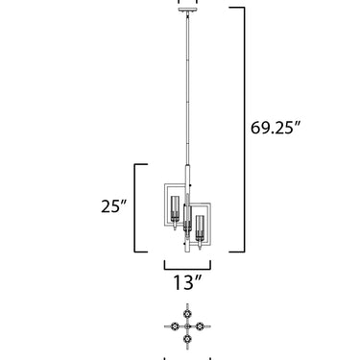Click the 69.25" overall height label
[276, 128]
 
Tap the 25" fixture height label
[114, 206]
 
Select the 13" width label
[187, 282]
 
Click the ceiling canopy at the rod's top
[187, 10]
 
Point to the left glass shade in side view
[175, 208]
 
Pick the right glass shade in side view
[200, 228]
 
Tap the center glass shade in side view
[187, 218]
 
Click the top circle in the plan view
[187, 314]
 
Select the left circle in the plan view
[175, 326]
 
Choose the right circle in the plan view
[200, 326]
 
